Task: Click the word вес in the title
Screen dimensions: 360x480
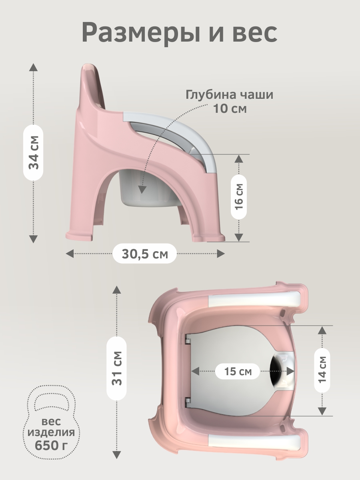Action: [x=254, y=33]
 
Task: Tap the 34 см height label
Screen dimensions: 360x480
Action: [x=34, y=153]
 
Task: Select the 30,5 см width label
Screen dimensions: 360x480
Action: [x=145, y=254]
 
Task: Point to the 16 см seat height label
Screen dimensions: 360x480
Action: [x=239, y=197]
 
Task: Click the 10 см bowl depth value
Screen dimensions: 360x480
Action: [x=230, y=108]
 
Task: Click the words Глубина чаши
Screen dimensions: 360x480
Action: [x=230, y=95]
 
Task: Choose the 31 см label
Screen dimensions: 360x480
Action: [x=116, y=368]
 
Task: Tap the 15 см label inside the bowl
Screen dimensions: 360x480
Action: [x=238, y=371]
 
